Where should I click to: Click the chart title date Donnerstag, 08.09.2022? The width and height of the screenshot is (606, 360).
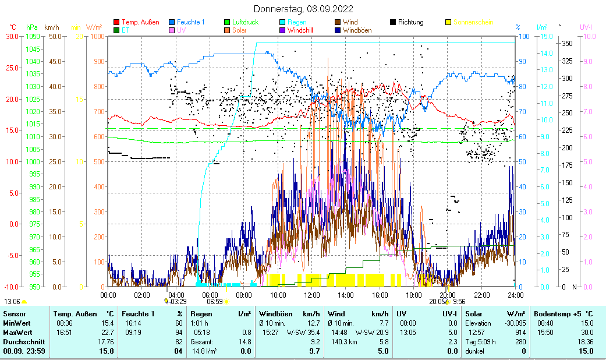[303, 9]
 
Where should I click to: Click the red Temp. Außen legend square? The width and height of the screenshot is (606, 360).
[116, 23]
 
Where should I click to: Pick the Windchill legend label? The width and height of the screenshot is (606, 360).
[300, 30]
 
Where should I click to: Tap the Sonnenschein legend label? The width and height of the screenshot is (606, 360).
[473, 23]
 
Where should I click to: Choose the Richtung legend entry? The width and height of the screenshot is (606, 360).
[411, 23]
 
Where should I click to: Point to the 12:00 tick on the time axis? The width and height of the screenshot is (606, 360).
[312, 295]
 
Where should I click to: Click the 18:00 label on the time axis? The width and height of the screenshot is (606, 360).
[414, 295]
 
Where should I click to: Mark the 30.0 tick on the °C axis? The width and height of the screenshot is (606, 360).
[12, 37]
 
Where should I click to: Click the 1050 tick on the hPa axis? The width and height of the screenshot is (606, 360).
[33, 37]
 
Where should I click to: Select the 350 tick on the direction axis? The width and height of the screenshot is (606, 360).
[567, 44]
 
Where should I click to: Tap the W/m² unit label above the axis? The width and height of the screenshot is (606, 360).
[94, 27]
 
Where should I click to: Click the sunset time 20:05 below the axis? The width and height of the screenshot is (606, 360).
[437, 302]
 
